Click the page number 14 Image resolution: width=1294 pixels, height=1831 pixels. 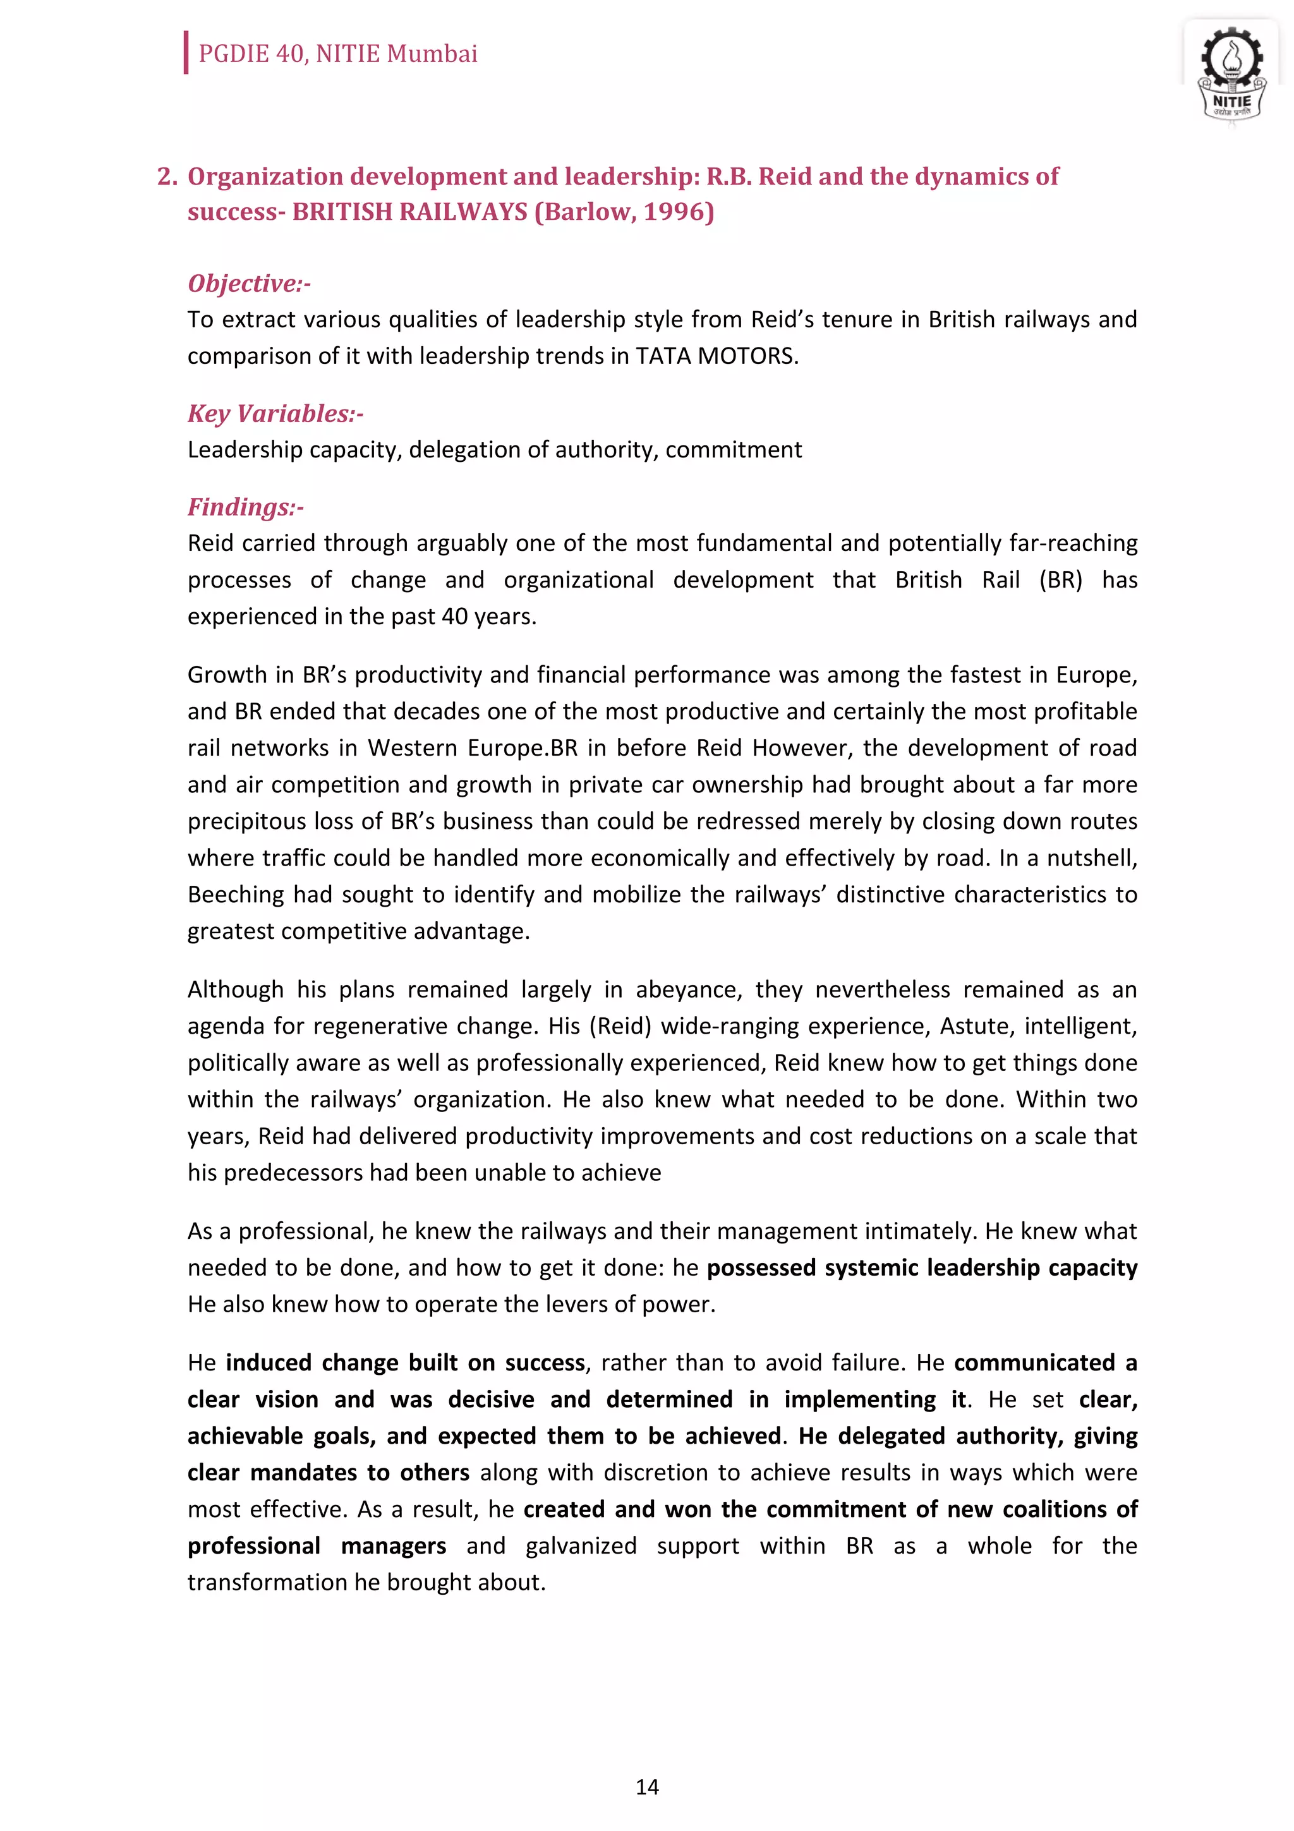[x=646, y=1787]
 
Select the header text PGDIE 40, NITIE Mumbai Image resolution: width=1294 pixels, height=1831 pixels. [x=337, y=54]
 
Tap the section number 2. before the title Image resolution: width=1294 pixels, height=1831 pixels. [x=167, y=176]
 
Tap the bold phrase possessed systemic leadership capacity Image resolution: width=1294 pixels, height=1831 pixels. [x=922, y=1267]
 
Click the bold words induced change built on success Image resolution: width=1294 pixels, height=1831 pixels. [x=405, y=1362]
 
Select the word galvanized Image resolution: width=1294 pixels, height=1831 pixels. [x=581, y=1545]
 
